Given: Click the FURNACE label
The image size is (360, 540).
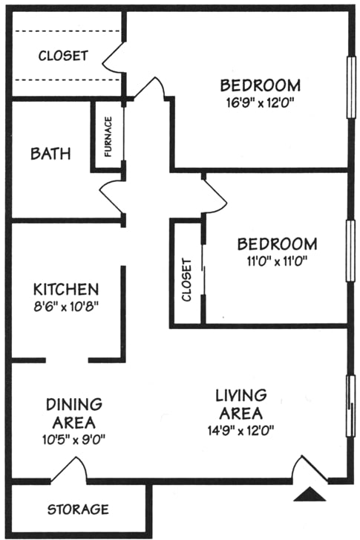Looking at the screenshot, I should click(x=108, y=137).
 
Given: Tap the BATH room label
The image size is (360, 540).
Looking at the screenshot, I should click(x=51, y=154).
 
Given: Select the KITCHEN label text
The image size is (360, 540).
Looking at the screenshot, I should click(x=65, y=288).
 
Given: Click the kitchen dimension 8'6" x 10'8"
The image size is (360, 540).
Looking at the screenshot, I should click(x=66, y=305).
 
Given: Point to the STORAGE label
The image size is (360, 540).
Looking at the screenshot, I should click(x=78, y=510).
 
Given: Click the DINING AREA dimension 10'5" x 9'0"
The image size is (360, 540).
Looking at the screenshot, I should click(x=74, y=438).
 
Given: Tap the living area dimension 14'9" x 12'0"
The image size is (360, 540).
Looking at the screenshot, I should click(x=241, y=429).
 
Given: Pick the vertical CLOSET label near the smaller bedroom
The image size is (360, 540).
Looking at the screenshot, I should click(x=187, y=281).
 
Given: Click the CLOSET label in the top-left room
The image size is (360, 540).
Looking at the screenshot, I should click(x=63, y=55).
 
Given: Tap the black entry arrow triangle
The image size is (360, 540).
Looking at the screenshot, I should click(x=311, y=494).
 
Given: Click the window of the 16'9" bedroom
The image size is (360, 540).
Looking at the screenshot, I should click(x=350, y=88).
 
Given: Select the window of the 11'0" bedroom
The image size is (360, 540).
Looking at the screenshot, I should click(x=350, y=250).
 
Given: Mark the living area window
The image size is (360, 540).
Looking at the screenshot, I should click(x=350, y=405).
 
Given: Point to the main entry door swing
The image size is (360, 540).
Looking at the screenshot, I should click(x=308, y=469).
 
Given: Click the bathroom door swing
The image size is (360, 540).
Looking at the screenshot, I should click(x=113, y=195).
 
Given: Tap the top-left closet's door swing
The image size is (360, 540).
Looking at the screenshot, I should click(x=113, y=57).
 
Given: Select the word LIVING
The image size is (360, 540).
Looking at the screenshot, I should click(x=241, y=395).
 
